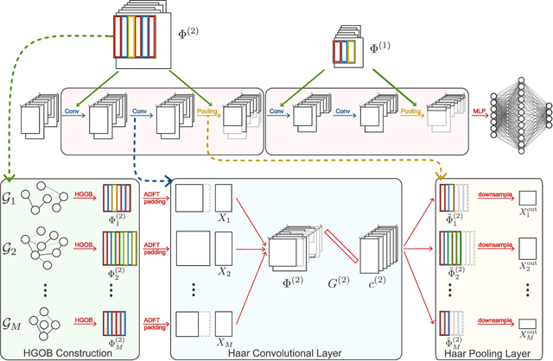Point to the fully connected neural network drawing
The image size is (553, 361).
pyautogui.click(x=518, y=111)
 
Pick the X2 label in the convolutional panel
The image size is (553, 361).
pyautogui.click(x=225, y=271)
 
